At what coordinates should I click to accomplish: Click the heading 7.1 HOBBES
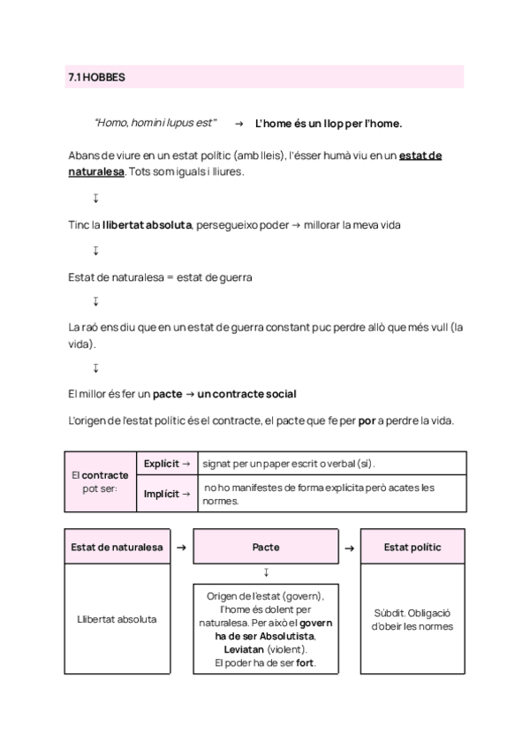96,78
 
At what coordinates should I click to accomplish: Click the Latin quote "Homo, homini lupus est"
155,124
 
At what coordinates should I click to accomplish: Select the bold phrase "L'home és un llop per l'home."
328,124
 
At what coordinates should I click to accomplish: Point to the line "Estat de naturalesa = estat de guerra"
160,277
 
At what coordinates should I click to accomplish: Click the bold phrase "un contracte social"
246,393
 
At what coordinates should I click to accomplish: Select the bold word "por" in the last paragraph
367,420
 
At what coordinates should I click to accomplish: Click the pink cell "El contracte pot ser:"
99,480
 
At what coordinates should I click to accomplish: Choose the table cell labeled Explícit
167,463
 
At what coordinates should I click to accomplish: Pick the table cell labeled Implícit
167,494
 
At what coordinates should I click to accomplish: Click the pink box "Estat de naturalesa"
117,548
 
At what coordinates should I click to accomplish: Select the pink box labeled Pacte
266,548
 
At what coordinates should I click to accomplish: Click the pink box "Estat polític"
413,548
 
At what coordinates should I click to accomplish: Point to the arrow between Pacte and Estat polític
349,548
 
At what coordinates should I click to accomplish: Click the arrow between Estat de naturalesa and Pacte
181,548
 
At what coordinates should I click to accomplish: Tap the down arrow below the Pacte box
266,572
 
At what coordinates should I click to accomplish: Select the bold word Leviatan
240,650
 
